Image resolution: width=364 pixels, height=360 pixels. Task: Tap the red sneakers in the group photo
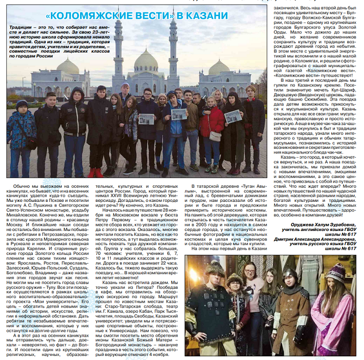click(95, 172)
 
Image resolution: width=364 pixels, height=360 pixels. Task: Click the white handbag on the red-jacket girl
click(215, 136)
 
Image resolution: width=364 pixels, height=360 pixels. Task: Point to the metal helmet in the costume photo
click(289, 275)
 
